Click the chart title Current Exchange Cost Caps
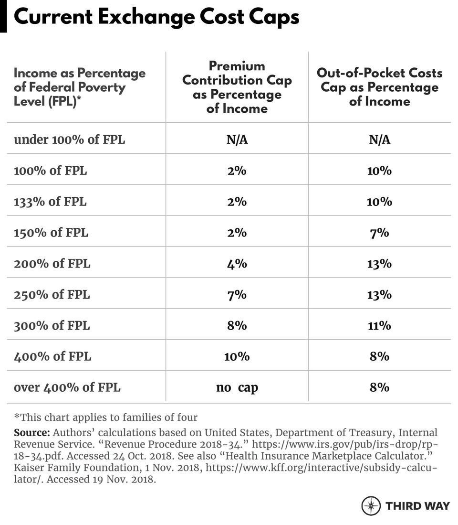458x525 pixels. pyautogui.click(x=156, y=17)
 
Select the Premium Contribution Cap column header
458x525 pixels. pyautogui.click(x=237, y=87)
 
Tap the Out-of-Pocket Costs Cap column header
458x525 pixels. pyautogui.click(x=379, y=87)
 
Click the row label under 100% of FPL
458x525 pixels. pyautogui.click(x=69, y=139)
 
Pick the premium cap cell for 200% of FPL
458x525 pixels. pyautogui.click(x=237, y=263)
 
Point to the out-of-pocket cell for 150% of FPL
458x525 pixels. pyautogui.click(x=379, y=233)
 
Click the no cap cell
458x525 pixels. pyautogui.click(x=237, y=387)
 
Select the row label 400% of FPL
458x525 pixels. pyautogui.click(x=52, y=356)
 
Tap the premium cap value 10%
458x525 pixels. pyautogui.click(x=237, y=356)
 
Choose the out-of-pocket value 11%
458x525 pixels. pyautogui.click(x=379, y=325)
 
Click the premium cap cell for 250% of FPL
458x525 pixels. pyautogui.click(x=237, y=294)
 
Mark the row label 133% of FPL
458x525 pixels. pyautogui.click(x=51, y=202)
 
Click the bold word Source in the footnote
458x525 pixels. pyautogui.click(x=32, y=433)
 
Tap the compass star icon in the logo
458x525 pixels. pyautogui.click(x=371, y=505)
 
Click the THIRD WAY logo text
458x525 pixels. pyautogui.click(x=417, y=505)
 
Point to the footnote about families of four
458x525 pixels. pyautogui.click(x=105, y=417)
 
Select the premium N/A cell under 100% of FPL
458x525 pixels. pyautogui.click(x=237, y=139)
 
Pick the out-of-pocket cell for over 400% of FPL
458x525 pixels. pyautogui.click(x=379, y=387)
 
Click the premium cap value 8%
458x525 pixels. pyautogui.click(x=237, y=325)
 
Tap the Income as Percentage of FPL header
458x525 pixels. pyautogui.click(x=80, y=87)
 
